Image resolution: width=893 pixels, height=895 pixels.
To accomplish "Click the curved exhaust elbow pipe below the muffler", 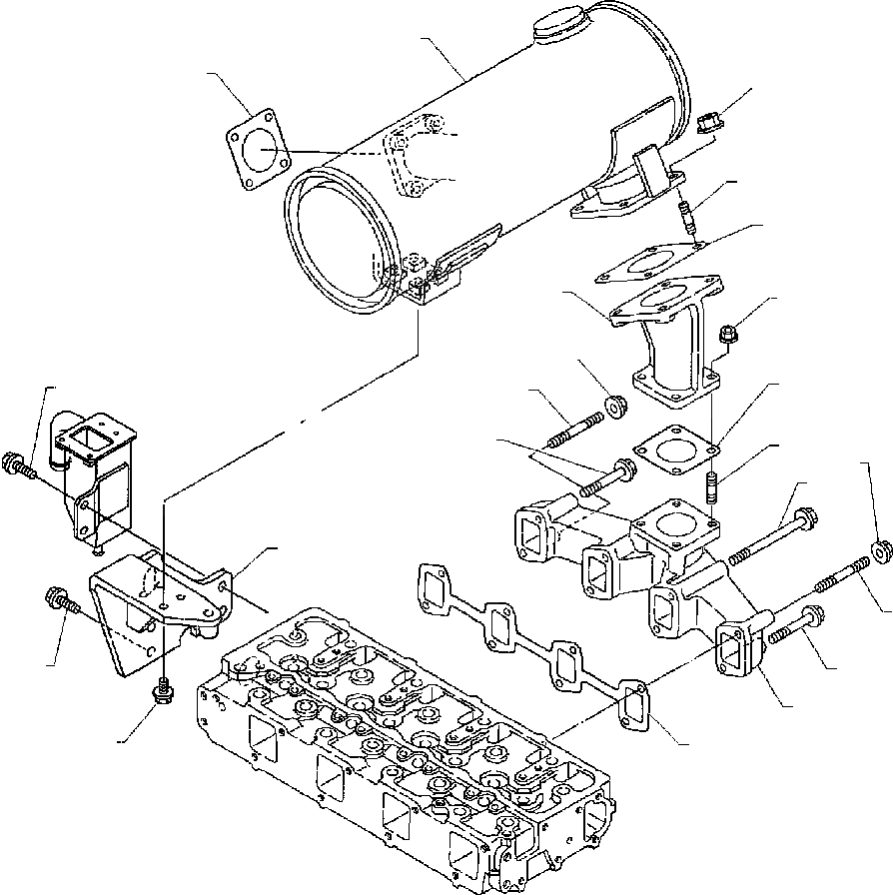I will pyautogui.click(x=671, y=345).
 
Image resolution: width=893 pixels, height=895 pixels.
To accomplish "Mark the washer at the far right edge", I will pyautogui.click(x=880, y=550).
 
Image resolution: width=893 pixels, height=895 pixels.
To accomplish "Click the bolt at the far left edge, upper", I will pyautogui.click(x=19, y=464).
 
